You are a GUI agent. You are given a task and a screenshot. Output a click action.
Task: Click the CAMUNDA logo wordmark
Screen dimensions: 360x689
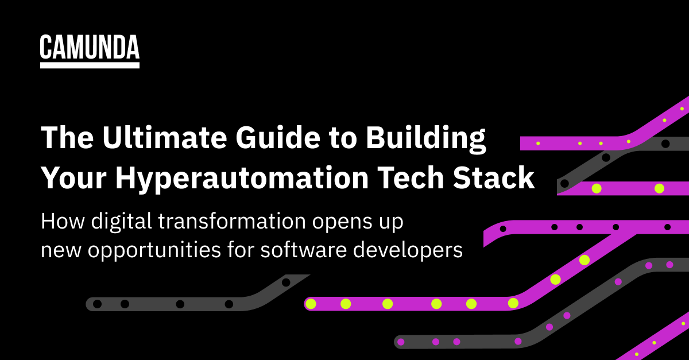click(x=90, y=47)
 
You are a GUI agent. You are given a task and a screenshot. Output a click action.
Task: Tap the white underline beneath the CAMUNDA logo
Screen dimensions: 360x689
click(x=90, y=65)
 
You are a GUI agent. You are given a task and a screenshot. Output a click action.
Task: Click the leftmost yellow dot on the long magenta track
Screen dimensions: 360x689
click(x=311, y=304)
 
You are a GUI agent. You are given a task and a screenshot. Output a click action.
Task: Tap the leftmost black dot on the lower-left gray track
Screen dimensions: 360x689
click(x=97, y=304)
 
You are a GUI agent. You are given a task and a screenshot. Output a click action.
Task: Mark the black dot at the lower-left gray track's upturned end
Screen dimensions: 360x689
click(x=286, y=282)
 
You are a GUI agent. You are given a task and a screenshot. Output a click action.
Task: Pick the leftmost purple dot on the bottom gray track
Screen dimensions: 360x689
click(x=401, y=342)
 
